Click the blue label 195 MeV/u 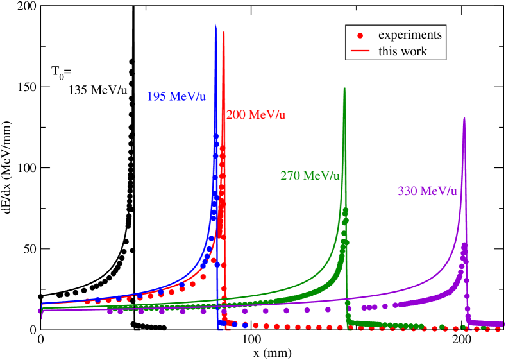[x=176, y=97]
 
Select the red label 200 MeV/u [x=256, y=115]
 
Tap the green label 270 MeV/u [x=310, y=175]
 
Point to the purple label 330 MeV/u [x=427, y=191]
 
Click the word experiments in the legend [x=410, y=35]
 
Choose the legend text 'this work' [x=403, y=51]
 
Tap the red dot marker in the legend [x=360, y=35]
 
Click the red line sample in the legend [x=360, y=51]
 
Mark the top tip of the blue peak [x=215, y=24]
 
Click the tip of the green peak [x=344, y=87]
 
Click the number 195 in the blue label [x=156, y=97]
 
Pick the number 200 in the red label [x=236, y=115]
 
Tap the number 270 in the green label [x=291, y=175]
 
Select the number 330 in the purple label [x=408, y=191]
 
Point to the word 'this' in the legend [x=387, y=51]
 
